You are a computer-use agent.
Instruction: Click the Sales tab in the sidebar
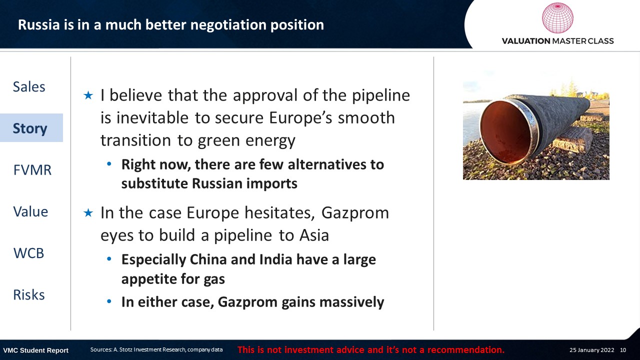(x=29, y=86)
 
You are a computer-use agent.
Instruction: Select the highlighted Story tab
(x=31, y=127)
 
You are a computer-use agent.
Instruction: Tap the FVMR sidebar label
(x=32, y=170)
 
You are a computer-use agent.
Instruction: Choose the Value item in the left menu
(x=30, y=211)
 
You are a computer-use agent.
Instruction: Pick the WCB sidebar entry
(x=29, y=253)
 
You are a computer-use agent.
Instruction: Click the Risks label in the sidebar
(x=29, y=295)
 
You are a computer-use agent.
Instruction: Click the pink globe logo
(x=557, y=18)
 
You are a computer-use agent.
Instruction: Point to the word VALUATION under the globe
(x=526, y=41)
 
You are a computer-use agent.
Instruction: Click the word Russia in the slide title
(x=39, y=24)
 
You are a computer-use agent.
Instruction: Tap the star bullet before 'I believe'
(x=88, y=95)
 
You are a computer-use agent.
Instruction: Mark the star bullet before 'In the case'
(x=88, y=213)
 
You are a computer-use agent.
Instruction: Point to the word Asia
(x=314, y=235)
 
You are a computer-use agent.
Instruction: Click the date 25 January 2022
(x=591, y=350)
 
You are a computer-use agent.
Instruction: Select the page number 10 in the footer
(x=623, y=350)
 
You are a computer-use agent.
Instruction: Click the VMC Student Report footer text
(x=35, y=350)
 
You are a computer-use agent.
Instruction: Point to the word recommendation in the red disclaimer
(x=465, y=350)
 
